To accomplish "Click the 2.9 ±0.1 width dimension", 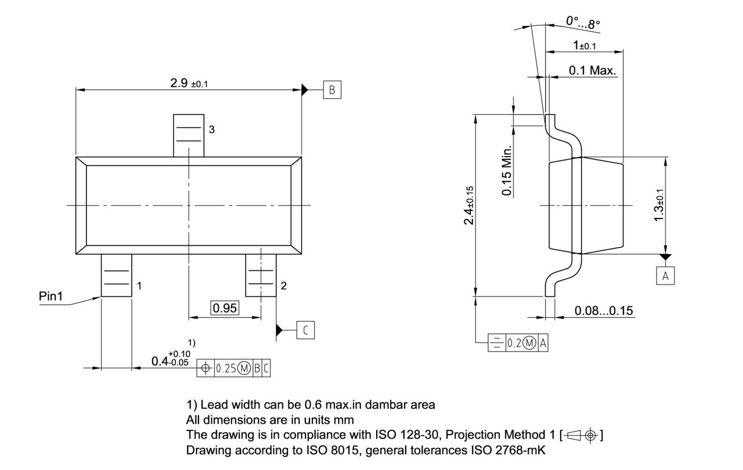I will tap(189, 83).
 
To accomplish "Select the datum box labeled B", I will tap(332, 90).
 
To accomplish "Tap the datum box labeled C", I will tap(306, 330).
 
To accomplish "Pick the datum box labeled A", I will tap(665, 276).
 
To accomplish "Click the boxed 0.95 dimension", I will tap(225, 308).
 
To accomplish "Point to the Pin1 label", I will tap(51, 296).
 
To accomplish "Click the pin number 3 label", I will tap(212, 130).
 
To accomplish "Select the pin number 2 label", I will tap(283, 286).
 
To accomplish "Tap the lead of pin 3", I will tap(189, 134).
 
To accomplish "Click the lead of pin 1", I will tap(117, 276).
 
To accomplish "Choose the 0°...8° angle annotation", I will tap(583, 23).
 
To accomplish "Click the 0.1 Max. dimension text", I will tap(592, 71).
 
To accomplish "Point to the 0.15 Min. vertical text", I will tap(507, 170).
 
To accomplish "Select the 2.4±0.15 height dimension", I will tap(469, 205).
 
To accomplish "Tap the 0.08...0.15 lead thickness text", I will tap(604, 311).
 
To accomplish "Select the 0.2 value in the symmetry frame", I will tap(514, 343).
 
